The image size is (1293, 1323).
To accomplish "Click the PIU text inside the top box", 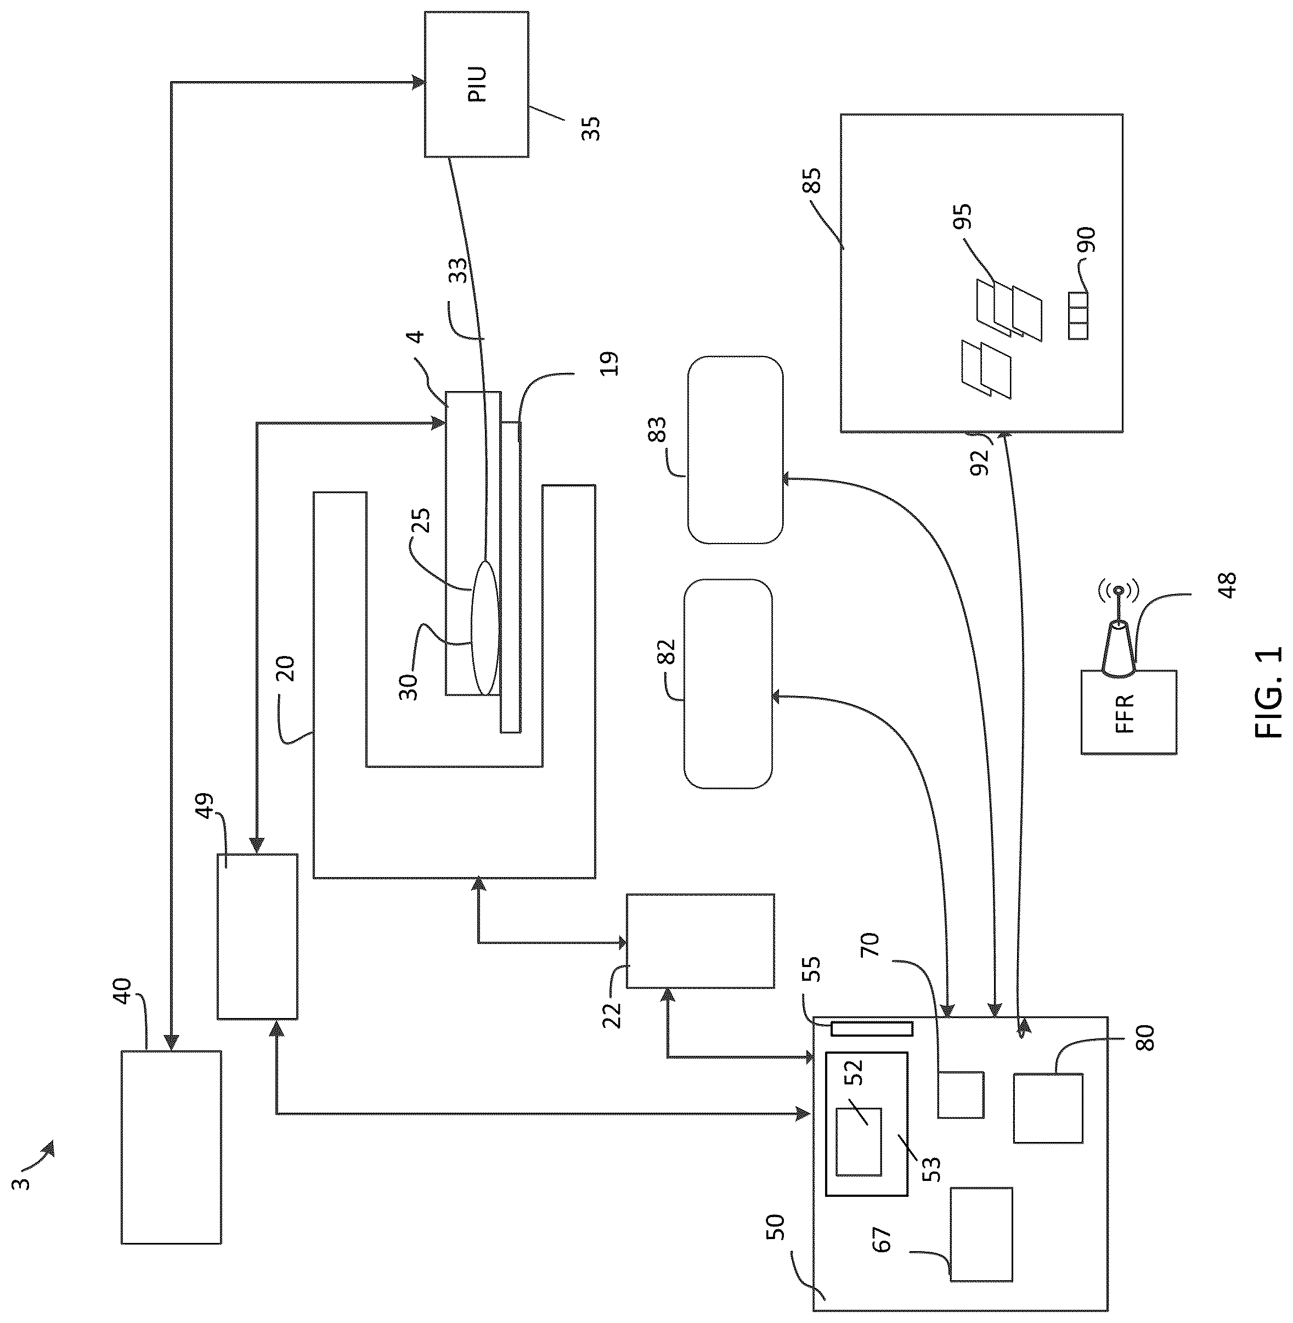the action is (477, 84).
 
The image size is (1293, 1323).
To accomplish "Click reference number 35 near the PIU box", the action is (590, 128).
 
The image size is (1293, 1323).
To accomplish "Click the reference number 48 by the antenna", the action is (1227, 585).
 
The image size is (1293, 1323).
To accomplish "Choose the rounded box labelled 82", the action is (727, 683).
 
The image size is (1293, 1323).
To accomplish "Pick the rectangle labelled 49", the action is (257, 936).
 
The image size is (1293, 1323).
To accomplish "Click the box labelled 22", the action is (700, 941).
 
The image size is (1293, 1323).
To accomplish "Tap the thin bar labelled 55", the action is (872, 1029).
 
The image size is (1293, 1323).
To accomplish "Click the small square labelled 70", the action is (961, 1095).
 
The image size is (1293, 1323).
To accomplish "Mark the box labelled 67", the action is (981, 1234).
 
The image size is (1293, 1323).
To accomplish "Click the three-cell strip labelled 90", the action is (1078, 316).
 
